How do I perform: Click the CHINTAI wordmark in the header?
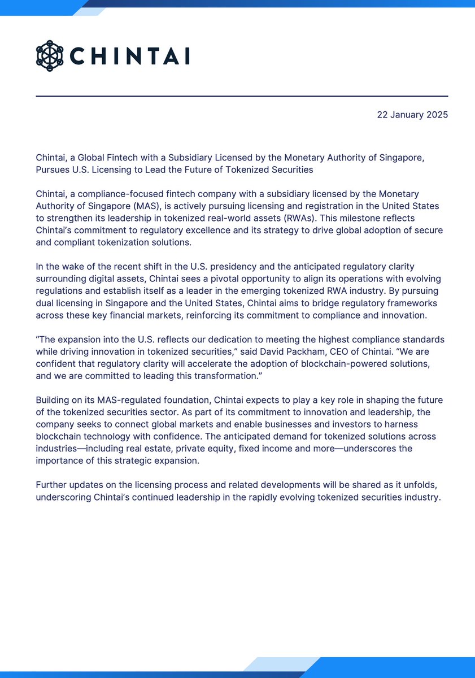tap(129, 56)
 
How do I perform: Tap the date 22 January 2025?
tap(412, 115)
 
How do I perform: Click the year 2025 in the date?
tap(437, 115)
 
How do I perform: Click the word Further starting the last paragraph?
tap(53, 485)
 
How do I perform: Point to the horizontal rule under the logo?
tap(242, 97)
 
